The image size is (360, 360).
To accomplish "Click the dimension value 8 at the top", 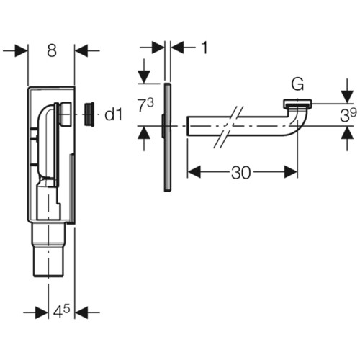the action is pyautogui.click(x=52, y=50).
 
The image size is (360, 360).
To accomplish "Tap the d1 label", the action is pyautogui.click(x=113, y=114).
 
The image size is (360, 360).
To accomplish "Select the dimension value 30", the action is pyautogui.click(x=241, y=172).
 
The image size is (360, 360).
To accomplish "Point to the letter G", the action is pyautogui.click(x=297, y=84).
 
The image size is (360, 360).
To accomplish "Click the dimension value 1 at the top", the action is pyautogui.click(x=204, y=48).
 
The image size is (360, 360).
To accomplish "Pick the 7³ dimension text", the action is pyautogui.click(x=146, y=105).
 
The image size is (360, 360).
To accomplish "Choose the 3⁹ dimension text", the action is pyautogui.click(x=348, y=115).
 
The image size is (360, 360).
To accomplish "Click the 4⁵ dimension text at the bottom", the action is pyautogui.click(x=61, y=312).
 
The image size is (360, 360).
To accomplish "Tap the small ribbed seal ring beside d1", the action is pyautogui.click(x=89, y=114).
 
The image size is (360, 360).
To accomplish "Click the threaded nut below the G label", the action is pyautogui.click(x=297, y=104).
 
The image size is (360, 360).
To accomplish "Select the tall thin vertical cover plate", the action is pyautogui.click(x=168, y=138).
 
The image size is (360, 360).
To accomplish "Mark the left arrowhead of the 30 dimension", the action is pyautogui.click(x=194, y=172).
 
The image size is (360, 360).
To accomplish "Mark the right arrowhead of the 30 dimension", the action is pyautogui.click(x=291, y=172).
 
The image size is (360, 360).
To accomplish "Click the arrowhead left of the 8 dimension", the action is pyautogui.click(x=22, y=50).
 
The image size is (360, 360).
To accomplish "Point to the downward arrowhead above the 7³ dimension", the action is pyautogui.click(x=144, y=77).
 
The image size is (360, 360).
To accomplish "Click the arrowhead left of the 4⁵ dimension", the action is pyautogui.click(x=42, y=312).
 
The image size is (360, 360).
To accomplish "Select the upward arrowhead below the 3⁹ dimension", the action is pyautogui.click(x=347, y=132).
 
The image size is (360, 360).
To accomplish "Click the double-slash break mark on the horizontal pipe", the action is pyautogui.click(x=228, y=127).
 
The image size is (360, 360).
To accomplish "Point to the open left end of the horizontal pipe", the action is pyautogui.click(x=187, y=126).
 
